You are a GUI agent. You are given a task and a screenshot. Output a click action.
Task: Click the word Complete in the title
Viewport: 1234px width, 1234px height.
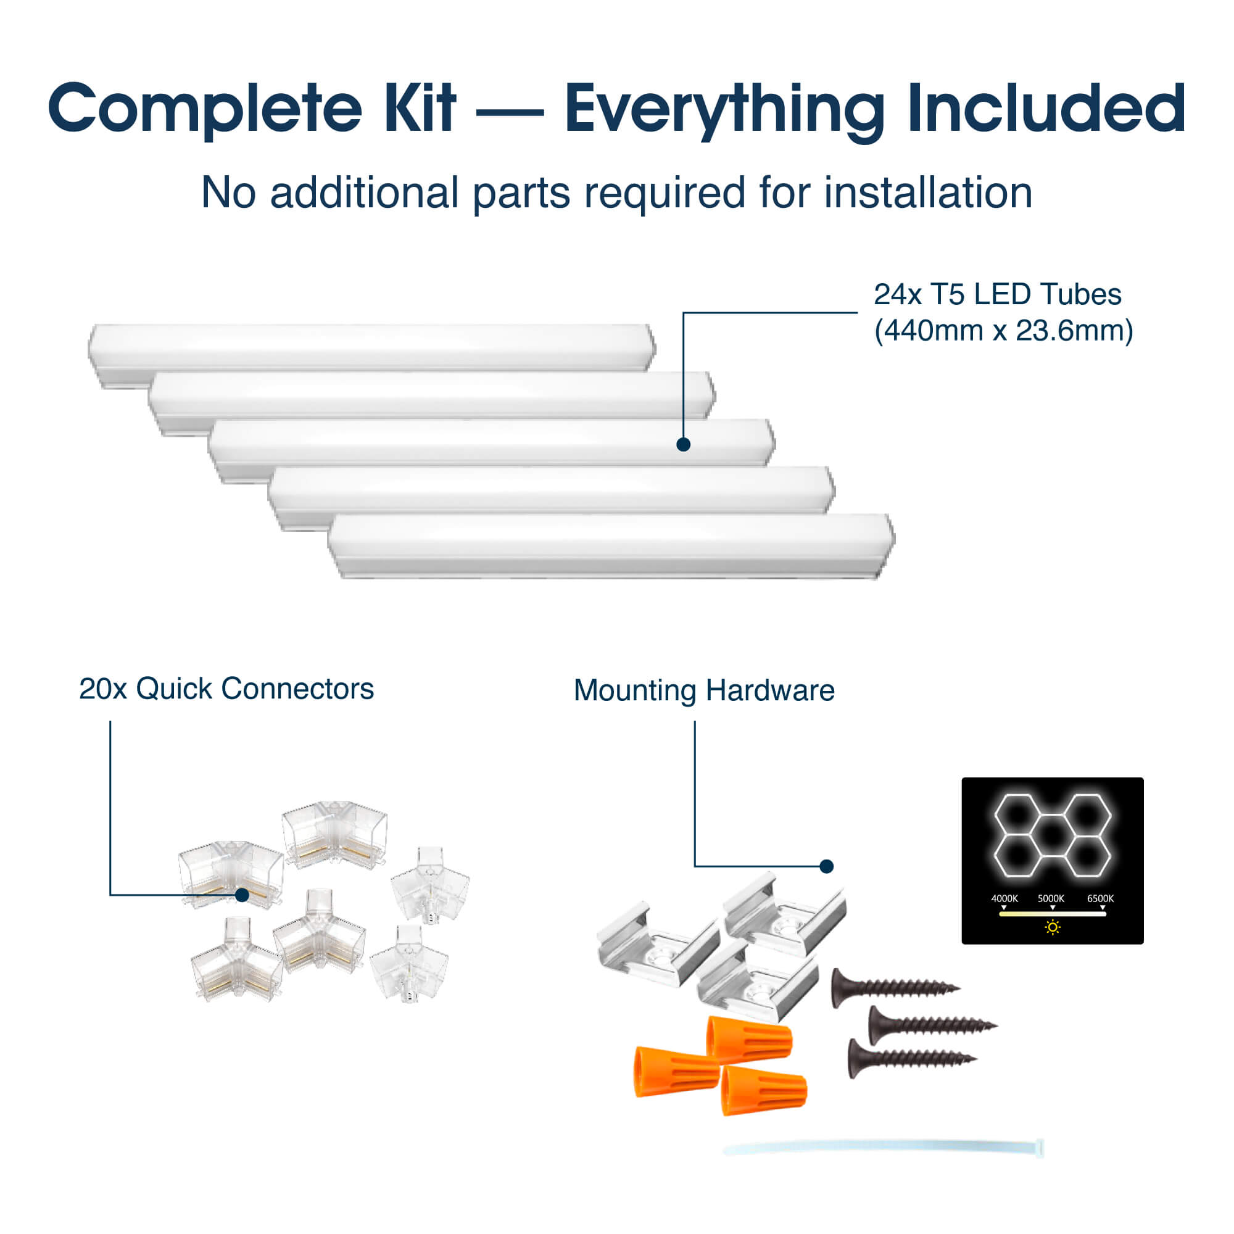(x=205, y=109)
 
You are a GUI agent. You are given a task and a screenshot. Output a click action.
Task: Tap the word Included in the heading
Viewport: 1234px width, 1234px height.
(x=1046, y=108)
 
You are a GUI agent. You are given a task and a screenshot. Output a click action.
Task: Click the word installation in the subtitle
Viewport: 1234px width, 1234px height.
(x=927, y=193)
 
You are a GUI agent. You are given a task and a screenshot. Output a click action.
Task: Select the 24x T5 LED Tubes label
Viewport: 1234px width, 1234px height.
(x=997, y=294)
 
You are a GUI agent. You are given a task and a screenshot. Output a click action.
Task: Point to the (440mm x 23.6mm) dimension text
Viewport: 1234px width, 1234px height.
(x=1003, y=331)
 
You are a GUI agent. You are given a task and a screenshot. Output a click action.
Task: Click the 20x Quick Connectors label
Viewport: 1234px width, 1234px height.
(x=226, y=689)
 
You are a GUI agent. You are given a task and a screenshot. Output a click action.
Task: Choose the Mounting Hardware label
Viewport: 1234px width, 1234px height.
(x=704, y=690)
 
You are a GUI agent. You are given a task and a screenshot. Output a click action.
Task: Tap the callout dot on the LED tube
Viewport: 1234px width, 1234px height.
(x=683, y=444)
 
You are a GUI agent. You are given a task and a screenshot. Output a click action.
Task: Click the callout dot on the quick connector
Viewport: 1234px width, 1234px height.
(x=242, y=895)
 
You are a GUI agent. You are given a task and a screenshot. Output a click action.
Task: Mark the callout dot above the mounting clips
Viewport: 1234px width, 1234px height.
(x=827, y=867)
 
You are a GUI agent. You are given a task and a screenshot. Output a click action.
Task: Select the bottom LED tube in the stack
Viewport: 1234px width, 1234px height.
(x=611, y=546)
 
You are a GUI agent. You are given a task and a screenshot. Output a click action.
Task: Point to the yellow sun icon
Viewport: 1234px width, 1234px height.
(x=1053, y=927)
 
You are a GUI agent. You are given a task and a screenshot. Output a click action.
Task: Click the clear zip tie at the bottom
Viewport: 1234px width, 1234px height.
(x=884, y=1148)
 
